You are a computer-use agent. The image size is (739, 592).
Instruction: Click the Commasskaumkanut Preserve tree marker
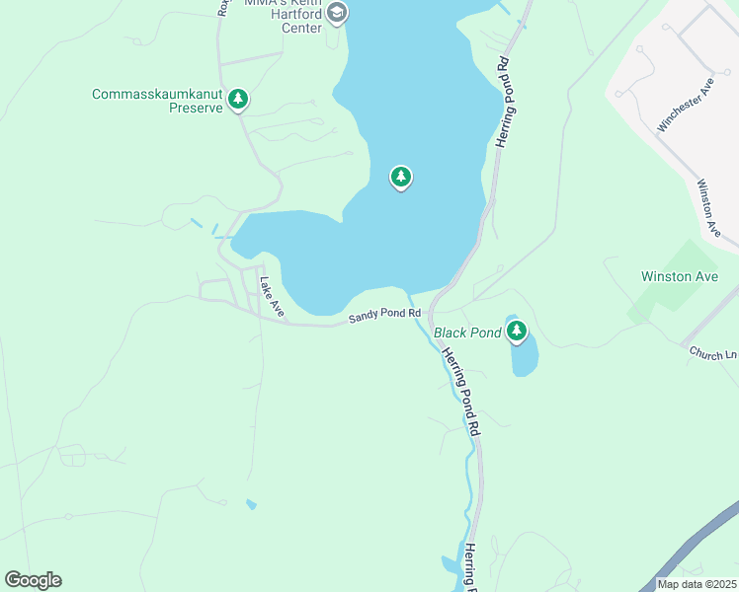coord(237,99)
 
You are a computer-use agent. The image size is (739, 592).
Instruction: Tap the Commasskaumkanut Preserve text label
coord(157,101)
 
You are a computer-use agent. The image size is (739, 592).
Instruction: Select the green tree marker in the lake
coord(400,178)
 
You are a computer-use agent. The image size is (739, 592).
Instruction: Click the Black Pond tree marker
coord(517,332)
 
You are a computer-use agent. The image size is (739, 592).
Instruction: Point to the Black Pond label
coord(467,333)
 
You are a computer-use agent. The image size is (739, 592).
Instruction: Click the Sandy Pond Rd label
coord(384,316)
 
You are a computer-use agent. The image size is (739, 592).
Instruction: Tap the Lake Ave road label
coord(272,298)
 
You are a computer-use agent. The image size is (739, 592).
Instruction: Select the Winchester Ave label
coord(685,108)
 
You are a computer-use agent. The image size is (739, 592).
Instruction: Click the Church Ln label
coord(712,352)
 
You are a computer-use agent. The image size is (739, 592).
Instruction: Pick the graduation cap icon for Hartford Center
coord(337,13)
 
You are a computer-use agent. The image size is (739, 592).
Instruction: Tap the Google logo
coord(33,580)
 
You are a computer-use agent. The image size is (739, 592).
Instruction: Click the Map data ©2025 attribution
coord(696,584)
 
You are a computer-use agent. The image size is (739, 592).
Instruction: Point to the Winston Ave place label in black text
coord(680,276)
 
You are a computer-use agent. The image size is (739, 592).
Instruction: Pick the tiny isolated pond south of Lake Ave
coord(251,505)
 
